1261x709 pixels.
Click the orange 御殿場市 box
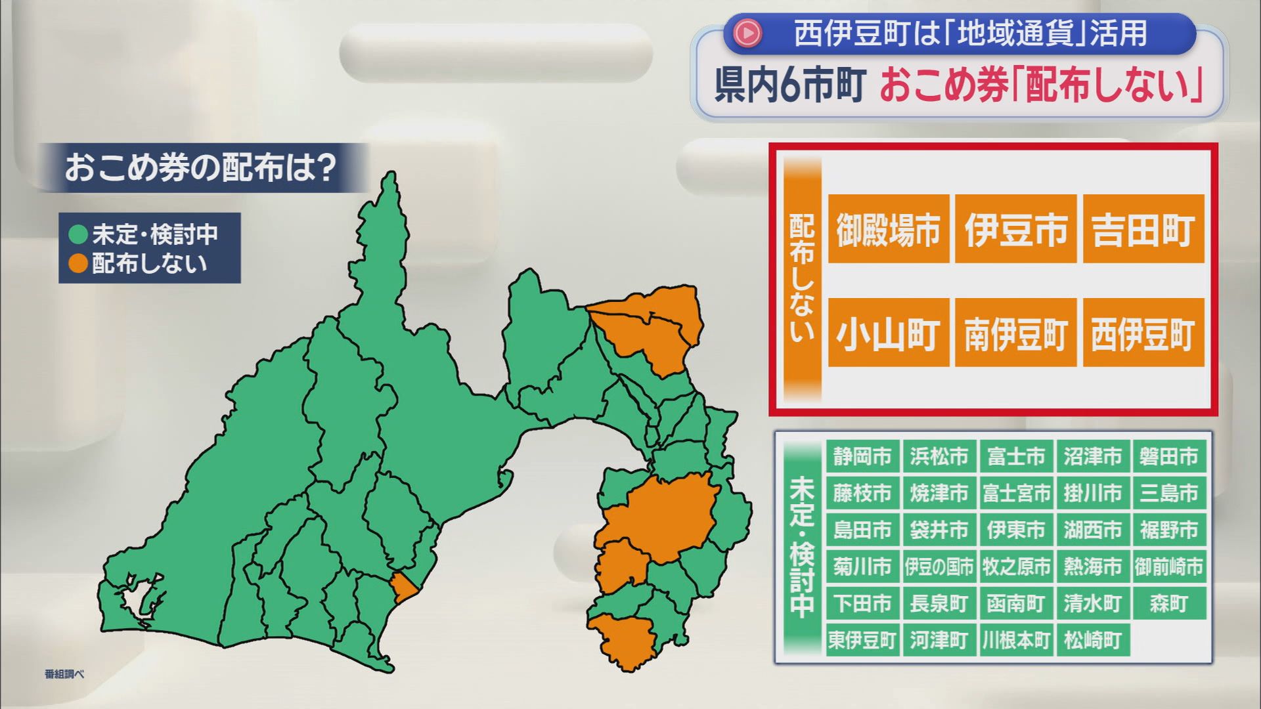(888, 229)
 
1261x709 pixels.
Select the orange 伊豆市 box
(1015, 229)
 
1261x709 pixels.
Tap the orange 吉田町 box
(1143, 229)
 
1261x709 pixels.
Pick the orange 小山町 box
(888, 333)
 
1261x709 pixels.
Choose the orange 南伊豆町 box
(1015, 333)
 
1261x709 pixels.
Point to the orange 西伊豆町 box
(1143, 333)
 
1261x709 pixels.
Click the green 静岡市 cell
(862, 456)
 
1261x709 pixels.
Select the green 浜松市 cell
(939, 456)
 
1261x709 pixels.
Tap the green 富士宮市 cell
(1016, 493)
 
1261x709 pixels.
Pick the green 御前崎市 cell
(1169, 567)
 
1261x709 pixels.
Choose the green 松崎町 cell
(1092, 640)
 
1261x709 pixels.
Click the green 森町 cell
(1169, 603)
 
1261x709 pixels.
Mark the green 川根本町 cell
(1016, 640)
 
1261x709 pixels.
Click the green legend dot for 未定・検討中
(78, 234)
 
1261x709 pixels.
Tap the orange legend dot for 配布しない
(78, 263)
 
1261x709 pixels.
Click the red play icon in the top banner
(747, 33)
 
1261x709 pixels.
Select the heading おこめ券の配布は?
(200, 168)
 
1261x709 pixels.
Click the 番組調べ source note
(64, 674)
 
